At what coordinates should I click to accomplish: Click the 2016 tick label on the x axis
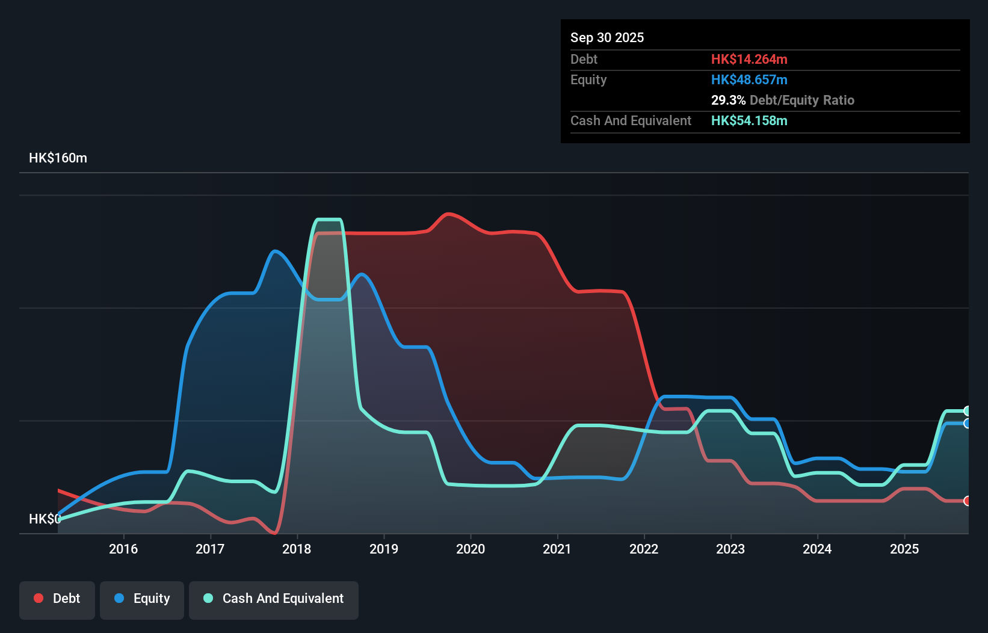[123, 549]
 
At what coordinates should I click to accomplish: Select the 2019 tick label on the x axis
[384, 549]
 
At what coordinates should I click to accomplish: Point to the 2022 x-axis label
[644, 549]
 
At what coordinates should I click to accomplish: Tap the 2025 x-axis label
[904, 549]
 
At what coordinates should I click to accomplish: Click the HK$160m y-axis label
[58, 158]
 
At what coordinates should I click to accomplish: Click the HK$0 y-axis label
[44, 519]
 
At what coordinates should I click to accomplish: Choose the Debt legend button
[57, 599]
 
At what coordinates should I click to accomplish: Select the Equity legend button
[142, 599]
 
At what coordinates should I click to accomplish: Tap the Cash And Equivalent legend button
[274, 599]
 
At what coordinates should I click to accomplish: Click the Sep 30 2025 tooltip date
[607, 37]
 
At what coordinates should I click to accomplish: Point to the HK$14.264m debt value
[749, 59]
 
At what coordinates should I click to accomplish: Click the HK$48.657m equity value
[749, 79]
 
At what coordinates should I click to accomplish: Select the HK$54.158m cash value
[749, 120]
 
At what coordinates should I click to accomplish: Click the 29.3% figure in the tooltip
[728, 100]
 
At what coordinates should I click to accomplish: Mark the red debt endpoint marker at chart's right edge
[967, 501]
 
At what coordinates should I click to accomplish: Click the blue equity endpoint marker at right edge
[967, 424]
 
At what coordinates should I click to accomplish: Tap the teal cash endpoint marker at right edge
[967, 411]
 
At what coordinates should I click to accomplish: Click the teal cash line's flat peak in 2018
[329, 220]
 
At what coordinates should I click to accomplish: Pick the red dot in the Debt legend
[39, 598]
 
